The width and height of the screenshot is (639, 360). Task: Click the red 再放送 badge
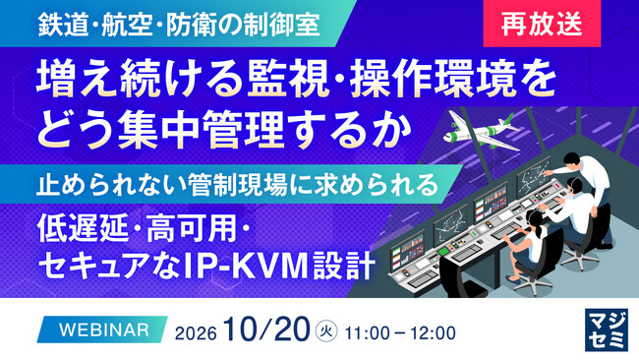pyautogui.click(x=542, y=24)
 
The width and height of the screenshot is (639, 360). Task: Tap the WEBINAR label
pyautogui.click(x=104, y=330)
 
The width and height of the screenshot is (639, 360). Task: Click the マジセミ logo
pyautogui.click(x=607, y=330)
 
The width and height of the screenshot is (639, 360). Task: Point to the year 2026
pyautogui.click(x=196, y=333)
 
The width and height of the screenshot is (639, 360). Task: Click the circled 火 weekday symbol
pyautogui.click(x=326, y=331)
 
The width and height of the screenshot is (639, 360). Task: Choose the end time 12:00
pyautogui.click(x=433, y=333)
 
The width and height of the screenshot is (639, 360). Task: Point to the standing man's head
pyautogui.click(x=572, y=160)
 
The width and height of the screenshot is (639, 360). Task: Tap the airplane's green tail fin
pyautogui.click(x=509, y=121)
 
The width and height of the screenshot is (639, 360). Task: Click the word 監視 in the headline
pyautogui.click(x=288, y=80)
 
